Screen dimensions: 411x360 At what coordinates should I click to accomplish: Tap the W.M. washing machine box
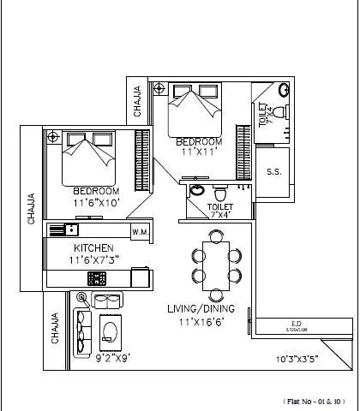pyautogui.click(x=140, y=232)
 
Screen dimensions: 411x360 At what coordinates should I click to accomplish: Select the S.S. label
pyautogui.click(x=274, y=172)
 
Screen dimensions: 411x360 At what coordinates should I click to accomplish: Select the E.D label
pyautogui.click(x=294, y=324)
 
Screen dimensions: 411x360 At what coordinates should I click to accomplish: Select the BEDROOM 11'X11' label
pyautogui.click(x=199, y=146)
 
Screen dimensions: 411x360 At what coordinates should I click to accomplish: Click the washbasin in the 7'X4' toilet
pyautogui.click(x=196, y=190)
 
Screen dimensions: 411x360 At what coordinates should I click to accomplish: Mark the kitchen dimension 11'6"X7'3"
pyautogui.click(x=89, y=259)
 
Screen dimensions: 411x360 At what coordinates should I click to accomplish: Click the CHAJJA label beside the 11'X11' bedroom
pyautogui.click(x=137, y=101)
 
